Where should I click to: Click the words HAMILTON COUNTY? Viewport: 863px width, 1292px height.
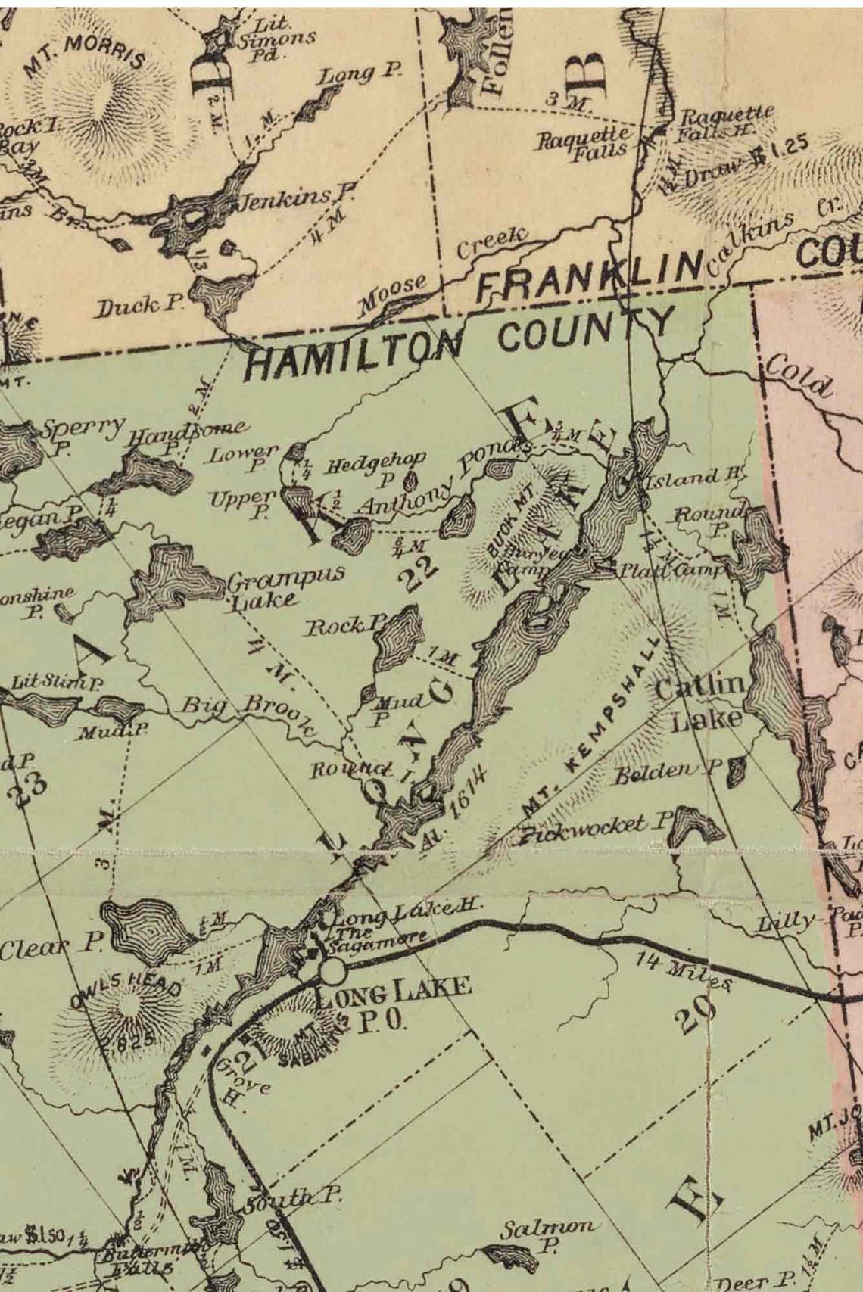coord(459,341)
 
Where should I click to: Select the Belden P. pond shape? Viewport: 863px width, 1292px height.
coord(733,772)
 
